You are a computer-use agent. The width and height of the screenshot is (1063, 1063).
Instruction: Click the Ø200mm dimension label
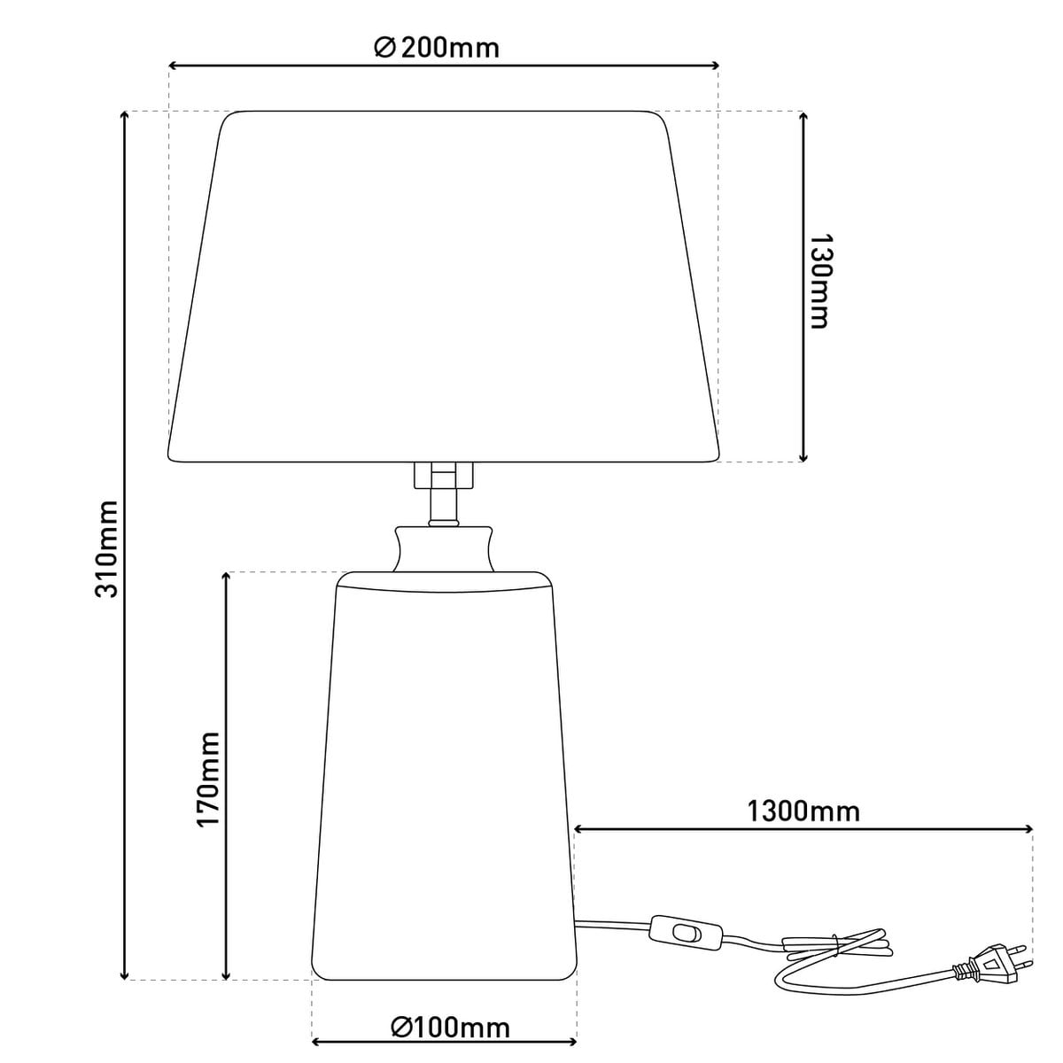pos(437,48)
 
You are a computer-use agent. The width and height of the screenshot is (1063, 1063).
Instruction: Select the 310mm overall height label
pos(106,549)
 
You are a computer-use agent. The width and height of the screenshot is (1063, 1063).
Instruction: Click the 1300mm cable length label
pos(803,811)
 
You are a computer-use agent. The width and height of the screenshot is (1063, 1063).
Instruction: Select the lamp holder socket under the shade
pos(444,475)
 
